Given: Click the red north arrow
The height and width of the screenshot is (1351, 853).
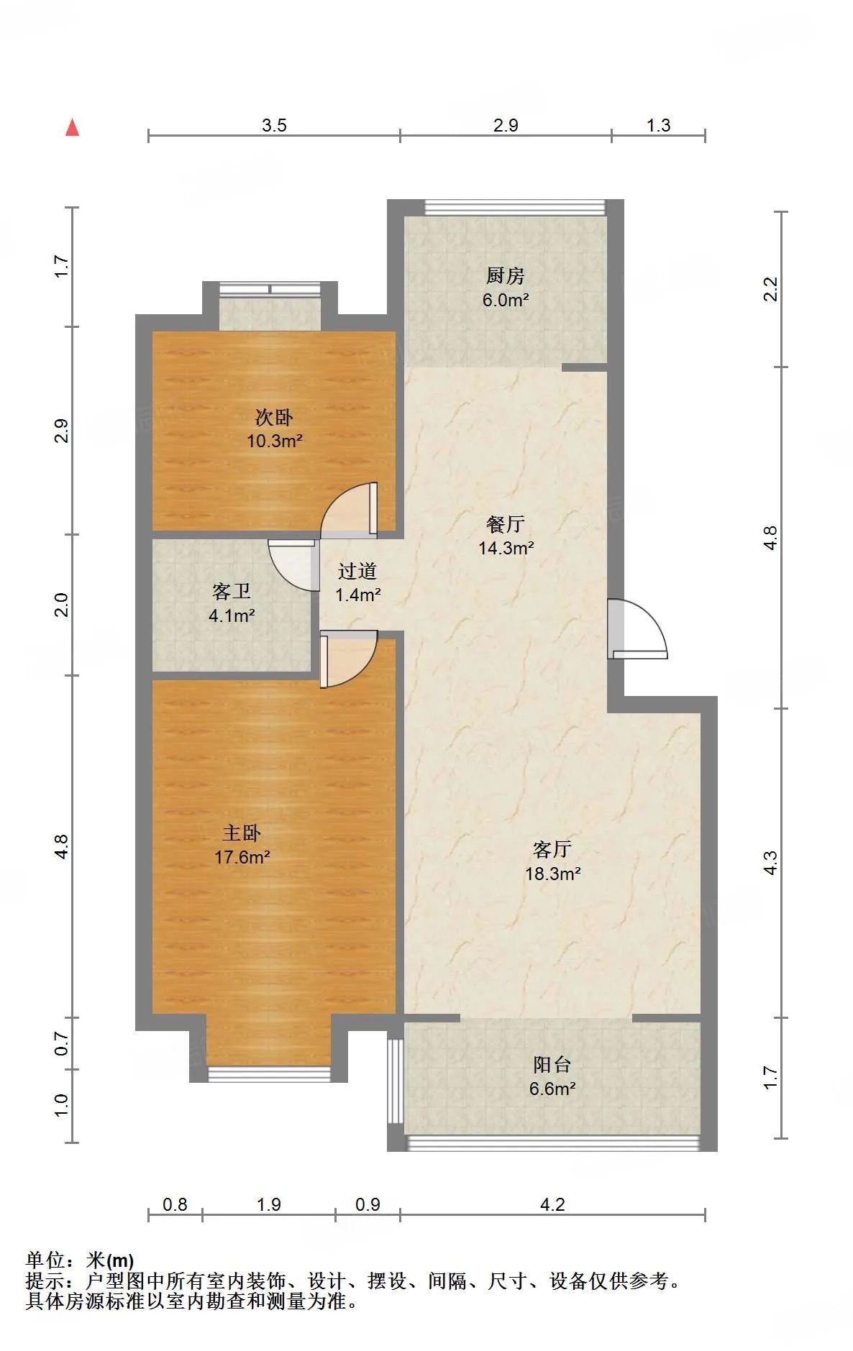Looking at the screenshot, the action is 72,127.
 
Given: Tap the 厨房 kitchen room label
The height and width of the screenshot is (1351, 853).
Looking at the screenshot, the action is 505,275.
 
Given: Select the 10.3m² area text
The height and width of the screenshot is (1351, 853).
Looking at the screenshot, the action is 275,441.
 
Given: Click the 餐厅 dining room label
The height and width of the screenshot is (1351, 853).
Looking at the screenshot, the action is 505,524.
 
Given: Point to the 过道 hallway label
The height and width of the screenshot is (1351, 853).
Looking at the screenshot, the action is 357,571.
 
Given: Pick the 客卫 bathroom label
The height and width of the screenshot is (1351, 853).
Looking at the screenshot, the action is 232,591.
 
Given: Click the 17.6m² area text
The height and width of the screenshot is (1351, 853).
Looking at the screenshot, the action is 242,857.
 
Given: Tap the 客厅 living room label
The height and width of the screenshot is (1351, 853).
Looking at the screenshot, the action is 552,849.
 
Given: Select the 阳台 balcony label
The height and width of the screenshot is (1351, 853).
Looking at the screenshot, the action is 552,1064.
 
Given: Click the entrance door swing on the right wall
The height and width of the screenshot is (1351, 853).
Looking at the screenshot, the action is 637,628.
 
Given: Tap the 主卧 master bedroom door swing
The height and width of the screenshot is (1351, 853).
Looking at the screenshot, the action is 349,659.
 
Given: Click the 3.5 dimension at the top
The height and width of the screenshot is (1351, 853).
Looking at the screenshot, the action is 274,126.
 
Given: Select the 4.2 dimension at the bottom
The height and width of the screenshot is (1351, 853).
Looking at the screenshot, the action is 552,1204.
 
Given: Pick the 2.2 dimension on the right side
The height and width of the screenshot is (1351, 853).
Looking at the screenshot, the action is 770,289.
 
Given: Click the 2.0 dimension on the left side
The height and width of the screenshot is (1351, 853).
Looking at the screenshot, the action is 62,605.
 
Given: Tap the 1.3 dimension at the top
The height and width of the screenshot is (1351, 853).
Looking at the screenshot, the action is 658,126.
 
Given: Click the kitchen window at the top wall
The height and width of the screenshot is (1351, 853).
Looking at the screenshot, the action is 515,208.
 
